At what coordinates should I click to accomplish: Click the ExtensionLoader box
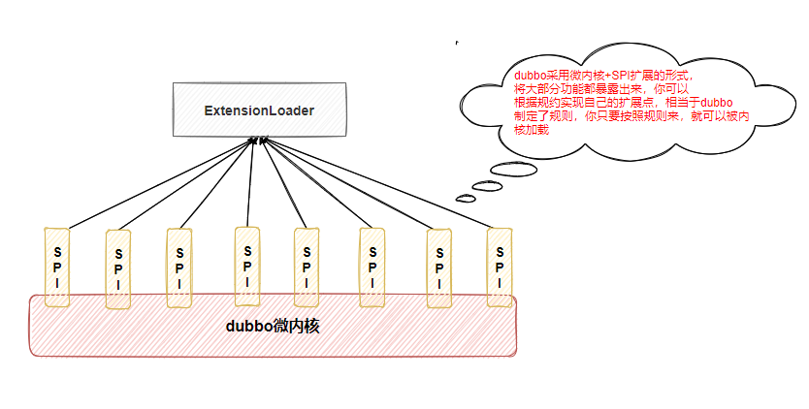point(258,110)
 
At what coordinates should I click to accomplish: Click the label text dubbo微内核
point(273,327)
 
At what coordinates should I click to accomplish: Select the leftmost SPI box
point(57,267)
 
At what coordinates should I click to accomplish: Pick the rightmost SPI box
point(500,267)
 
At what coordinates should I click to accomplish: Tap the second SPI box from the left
point(118,269)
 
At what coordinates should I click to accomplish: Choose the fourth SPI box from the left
point(247,266)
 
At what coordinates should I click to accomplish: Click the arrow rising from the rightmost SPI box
point(378,184)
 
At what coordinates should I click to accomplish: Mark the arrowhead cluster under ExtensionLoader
point(258,142)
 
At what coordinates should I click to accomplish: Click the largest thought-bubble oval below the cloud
point(513,170)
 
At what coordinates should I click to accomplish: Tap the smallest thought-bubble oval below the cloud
point(466,199)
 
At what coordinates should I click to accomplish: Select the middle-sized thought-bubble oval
point(486,185)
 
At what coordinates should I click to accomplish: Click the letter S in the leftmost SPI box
point(57,249)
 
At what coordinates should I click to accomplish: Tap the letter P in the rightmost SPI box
point(500,266)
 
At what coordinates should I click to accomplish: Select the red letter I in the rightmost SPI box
point(500,282)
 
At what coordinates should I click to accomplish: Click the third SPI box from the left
point(178,268)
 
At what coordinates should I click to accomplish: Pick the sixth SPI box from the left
point(372,268)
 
